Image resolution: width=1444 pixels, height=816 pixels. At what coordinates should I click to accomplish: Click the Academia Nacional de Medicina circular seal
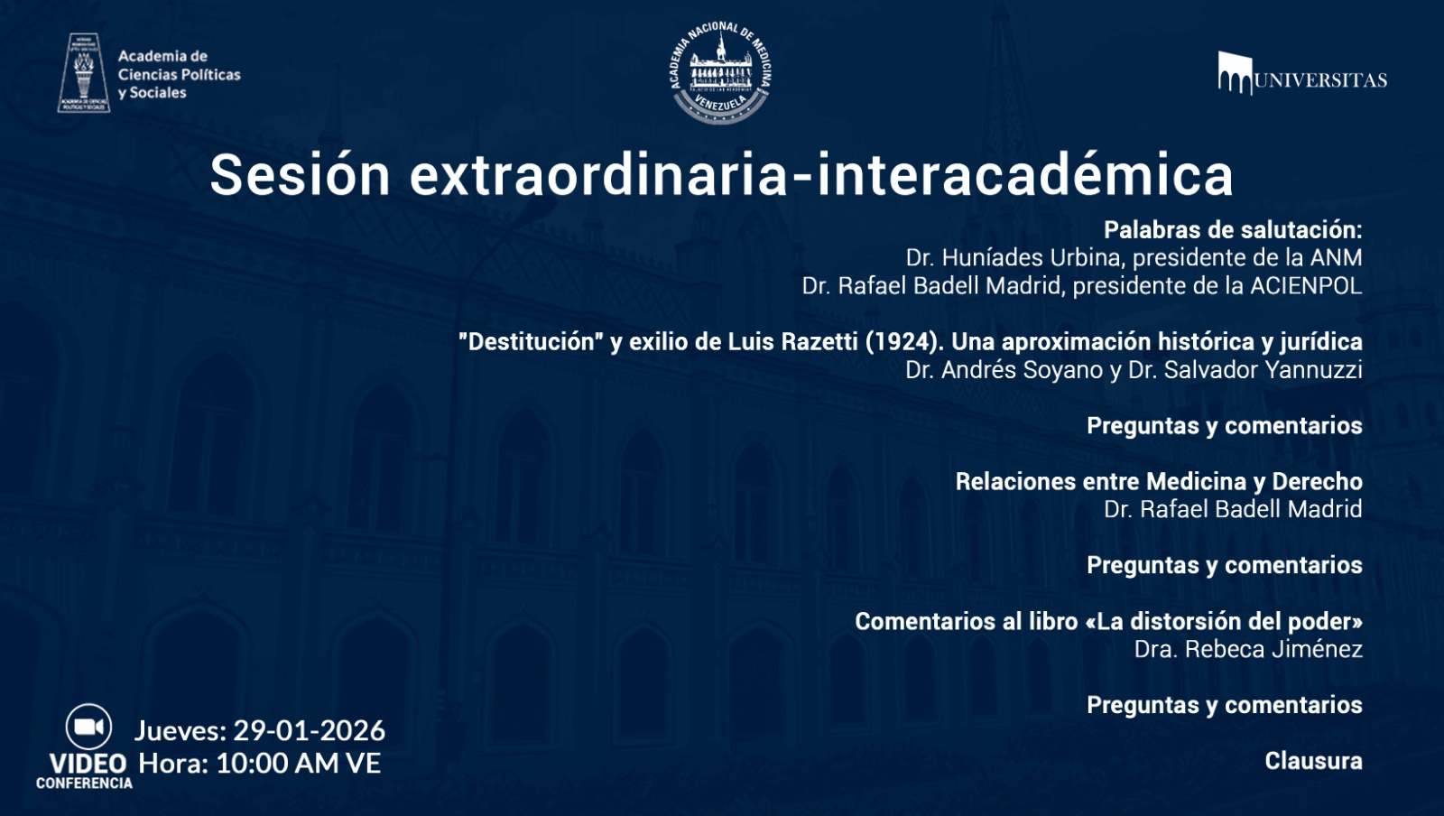(x=720, y=72)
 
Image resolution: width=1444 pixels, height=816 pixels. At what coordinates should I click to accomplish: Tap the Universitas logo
(x=1301, y=74)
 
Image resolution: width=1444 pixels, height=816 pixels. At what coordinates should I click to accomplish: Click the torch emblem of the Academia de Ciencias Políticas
(x=84, y=73)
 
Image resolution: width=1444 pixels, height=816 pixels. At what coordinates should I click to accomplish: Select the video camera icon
(x=88, y=727)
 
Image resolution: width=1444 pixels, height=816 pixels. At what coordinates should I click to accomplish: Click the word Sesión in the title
(x=300, y=174)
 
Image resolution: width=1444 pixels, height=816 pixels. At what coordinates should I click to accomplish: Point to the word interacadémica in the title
(x=1024, y=174)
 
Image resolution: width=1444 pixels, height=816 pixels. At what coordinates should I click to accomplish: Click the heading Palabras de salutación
(x=1232, y=230)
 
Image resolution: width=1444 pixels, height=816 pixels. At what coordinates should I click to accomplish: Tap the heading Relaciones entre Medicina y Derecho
(x=1158, y=481)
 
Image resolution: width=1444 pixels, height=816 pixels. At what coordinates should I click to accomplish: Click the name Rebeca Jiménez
(x=1273, y=649)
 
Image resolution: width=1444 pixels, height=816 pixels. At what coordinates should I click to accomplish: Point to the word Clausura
(x=1313, y=761)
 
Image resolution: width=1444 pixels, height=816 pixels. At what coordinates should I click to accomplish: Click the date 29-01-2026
(x=309, y=730)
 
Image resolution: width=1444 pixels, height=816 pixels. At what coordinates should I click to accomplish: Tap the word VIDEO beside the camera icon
(x=88, y=763)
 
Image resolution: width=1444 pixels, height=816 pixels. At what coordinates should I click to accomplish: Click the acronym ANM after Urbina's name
(x=1336, y=258)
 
